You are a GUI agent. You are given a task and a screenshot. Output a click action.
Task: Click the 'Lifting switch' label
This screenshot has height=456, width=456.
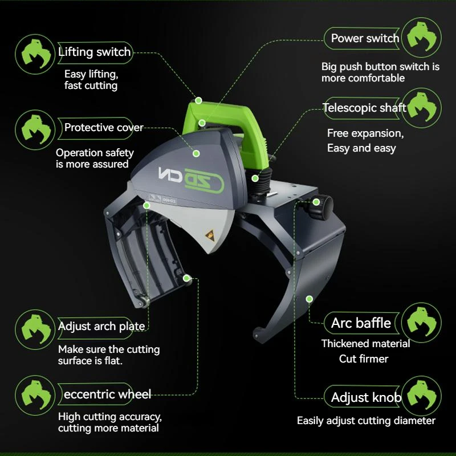pos(95,52)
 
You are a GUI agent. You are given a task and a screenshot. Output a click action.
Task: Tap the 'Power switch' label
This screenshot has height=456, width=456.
pos(365,38)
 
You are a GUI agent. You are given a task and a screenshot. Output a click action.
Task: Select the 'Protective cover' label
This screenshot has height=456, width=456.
pos(104,128)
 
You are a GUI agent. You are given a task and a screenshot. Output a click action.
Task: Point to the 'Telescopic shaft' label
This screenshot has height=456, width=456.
pos(364,108)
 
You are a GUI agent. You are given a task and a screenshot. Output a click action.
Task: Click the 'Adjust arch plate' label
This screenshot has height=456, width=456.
pos(101,326)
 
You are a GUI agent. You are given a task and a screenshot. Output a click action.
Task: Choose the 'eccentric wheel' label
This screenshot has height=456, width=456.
pos(107,394)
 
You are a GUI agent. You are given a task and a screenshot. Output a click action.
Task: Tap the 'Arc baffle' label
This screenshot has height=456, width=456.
pos(361,323)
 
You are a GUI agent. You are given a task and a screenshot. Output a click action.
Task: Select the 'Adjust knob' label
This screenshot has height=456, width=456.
pos(366,397)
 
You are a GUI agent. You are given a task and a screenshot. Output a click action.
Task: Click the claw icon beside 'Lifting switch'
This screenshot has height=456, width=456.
pos(35,54)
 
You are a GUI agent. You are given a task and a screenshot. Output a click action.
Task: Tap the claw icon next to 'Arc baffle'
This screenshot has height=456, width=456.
pos(421,323)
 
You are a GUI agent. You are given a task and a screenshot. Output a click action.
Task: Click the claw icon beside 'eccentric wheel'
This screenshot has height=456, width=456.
pos(35,396)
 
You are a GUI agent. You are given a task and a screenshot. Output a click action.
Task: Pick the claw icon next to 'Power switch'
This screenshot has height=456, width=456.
pos(421,38)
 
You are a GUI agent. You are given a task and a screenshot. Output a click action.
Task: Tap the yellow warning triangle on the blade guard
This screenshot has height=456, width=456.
pos(210,235)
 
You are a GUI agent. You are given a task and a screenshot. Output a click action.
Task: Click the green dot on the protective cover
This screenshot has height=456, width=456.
pos(196,153)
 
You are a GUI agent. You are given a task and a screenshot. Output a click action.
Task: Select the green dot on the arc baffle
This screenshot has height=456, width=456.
pos(310,299)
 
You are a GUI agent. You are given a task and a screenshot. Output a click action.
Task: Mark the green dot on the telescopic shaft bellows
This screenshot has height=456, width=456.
pos(255,178)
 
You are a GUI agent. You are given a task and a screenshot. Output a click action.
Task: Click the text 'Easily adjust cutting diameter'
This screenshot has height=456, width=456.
pos(366,421)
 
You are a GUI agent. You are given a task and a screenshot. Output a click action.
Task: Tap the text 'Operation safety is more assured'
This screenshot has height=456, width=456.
pos(95,158)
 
